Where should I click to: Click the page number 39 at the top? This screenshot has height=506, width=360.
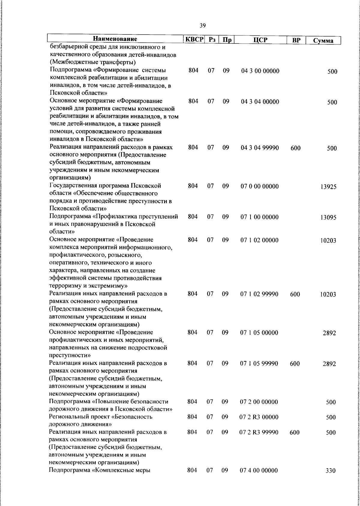pyautogui.click(x=202, y=26)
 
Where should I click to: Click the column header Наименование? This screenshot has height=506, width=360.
pyautogui.click(x=115, y=39)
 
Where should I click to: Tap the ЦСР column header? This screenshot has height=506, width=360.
pyautogui.click(x=260, y=40)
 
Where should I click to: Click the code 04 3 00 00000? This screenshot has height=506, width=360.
pyautogui.click(x=260, y=71)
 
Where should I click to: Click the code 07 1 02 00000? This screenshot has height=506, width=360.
pyautogui.click(x=259, y=240)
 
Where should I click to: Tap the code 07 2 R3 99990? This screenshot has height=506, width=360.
pyautogui.click(x=259, y=432)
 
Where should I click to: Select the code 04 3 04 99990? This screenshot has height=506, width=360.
pyautogui.click(x=260, y=148)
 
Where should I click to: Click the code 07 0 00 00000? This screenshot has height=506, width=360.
pyautogui.click(x=259, y=186)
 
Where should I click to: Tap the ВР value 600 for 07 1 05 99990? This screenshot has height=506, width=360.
pyautogui.click(x=295, y=363)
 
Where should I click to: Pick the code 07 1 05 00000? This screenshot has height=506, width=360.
pyautogui.click(x=259, y=333)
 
